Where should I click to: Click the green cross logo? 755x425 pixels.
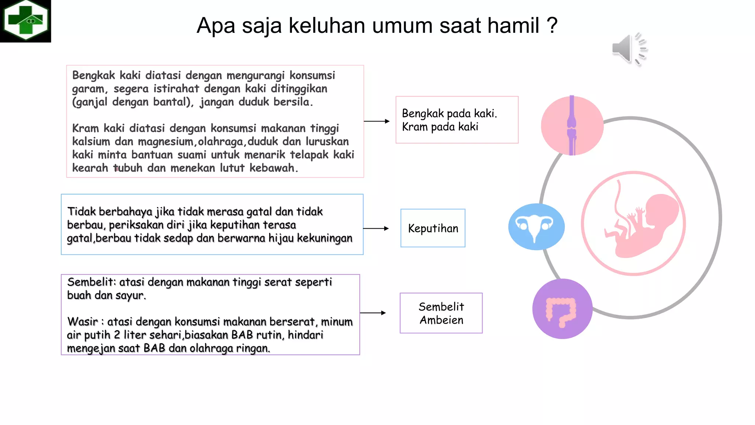[25, 21]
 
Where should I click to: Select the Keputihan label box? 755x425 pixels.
[433, 228]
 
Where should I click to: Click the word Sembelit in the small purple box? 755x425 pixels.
[441, 307]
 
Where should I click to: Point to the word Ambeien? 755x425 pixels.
[441, 320]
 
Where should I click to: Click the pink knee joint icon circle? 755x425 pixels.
[572, 125]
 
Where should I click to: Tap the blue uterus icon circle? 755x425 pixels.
[536, 227]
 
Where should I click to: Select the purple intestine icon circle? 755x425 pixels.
[562, 309]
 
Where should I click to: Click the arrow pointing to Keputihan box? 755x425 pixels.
[376, 228]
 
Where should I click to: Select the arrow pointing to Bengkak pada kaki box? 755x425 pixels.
[377, 121]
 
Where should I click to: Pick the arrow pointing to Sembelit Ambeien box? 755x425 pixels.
[373, 313]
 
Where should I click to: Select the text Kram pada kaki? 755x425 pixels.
[440, 127]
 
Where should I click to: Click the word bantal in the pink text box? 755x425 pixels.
[170, 102]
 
